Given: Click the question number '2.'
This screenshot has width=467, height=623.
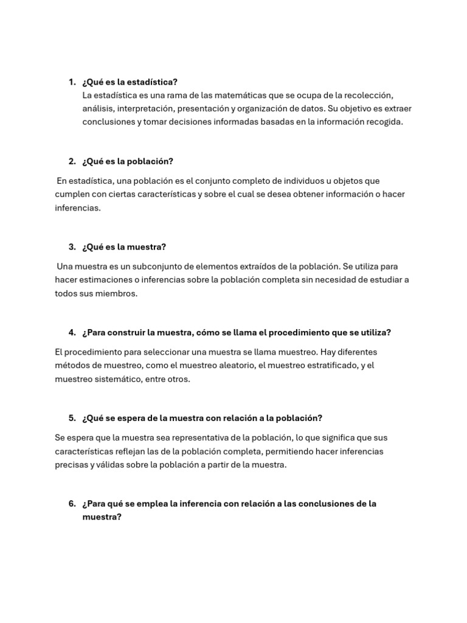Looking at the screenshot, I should (72, 161).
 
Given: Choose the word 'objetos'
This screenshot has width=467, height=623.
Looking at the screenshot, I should (348, 181).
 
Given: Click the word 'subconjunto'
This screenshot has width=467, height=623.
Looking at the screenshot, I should (150, 266).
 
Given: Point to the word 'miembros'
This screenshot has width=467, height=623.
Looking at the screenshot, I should (117, 293).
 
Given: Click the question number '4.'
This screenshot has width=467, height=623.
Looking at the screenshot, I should (72, 332).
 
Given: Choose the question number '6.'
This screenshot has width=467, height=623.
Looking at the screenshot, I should (72, 504).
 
